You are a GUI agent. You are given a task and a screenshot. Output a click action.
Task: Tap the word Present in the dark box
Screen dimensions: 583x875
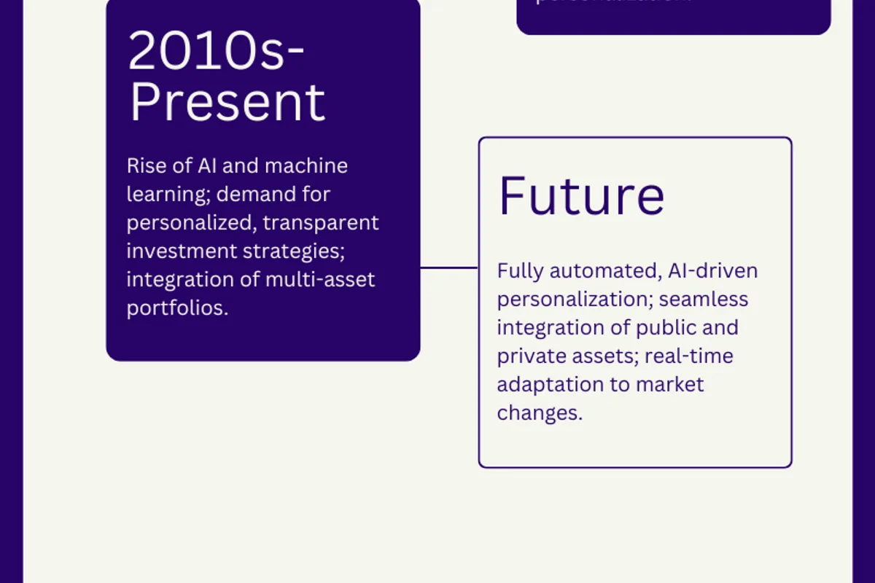227,103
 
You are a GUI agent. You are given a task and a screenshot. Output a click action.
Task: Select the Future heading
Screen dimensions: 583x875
581,195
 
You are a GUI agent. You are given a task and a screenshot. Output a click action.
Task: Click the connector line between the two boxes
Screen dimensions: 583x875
449,267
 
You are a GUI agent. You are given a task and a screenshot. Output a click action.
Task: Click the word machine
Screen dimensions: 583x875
306,166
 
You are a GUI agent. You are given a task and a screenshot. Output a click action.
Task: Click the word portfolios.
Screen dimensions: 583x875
177,308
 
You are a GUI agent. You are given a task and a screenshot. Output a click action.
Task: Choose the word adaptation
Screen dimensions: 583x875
553,385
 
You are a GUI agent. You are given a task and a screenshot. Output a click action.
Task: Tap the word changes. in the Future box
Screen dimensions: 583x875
540,413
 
